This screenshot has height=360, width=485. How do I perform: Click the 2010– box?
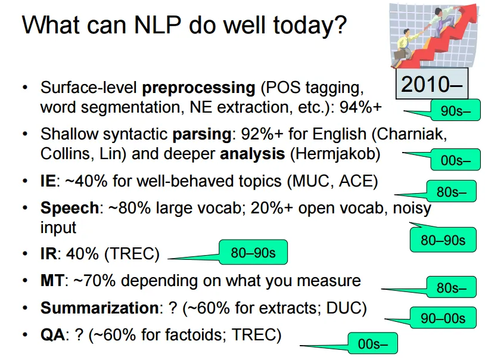(x=432, y=84)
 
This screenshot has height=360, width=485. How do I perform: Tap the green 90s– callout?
(x=456, y=111)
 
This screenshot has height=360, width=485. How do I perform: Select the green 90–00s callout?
(x=443, y=318)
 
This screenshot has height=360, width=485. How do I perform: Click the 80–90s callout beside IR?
(x=253, y=253)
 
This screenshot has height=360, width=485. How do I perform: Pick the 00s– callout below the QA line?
(x=372, y=344)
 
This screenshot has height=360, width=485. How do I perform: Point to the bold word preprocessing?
(x=198, y=88)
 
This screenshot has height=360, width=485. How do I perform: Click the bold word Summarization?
(x=98, y=308)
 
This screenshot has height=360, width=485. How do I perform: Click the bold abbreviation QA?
(x=52, y=335)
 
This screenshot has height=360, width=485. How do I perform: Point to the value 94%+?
(x=359, y=108)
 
